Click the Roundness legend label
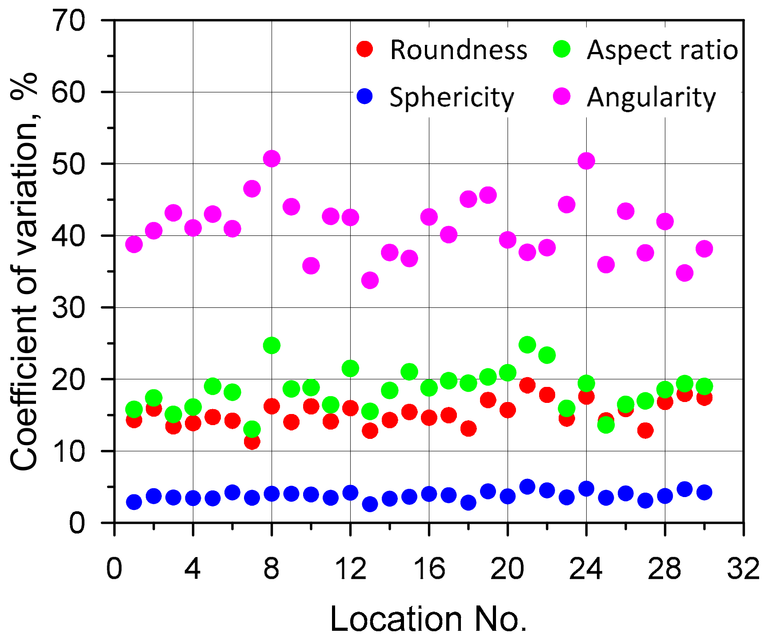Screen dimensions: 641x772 tap(458, 50)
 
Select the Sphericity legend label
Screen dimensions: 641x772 tap(452, 97)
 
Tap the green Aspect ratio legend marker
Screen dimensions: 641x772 tap(562, 49)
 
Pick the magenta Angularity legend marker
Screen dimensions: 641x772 tap(562, 96)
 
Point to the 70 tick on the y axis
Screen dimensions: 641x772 tap(69, 21)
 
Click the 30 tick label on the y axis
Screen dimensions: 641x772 tap(69, 308)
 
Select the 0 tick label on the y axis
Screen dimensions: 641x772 tap(77, 523)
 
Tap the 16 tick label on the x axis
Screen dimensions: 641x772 tap(429, 569)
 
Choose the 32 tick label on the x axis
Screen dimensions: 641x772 tap(743, 569)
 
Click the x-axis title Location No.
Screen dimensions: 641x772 tap(428, 619)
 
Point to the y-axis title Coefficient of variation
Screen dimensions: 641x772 tap(24, 271)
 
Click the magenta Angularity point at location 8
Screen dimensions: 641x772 tap(272, 159)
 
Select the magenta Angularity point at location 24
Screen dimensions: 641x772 tap(586, 161)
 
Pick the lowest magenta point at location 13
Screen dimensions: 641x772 tap(370, 280)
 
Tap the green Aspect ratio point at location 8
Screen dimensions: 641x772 tap(272, 345)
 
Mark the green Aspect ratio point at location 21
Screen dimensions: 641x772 tap(527, 344)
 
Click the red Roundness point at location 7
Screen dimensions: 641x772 tap(252, 442)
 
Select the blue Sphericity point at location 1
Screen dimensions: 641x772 tap(134, 502)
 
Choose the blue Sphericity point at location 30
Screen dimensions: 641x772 tap(704, 492)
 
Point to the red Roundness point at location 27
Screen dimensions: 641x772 tap(645, 430)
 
